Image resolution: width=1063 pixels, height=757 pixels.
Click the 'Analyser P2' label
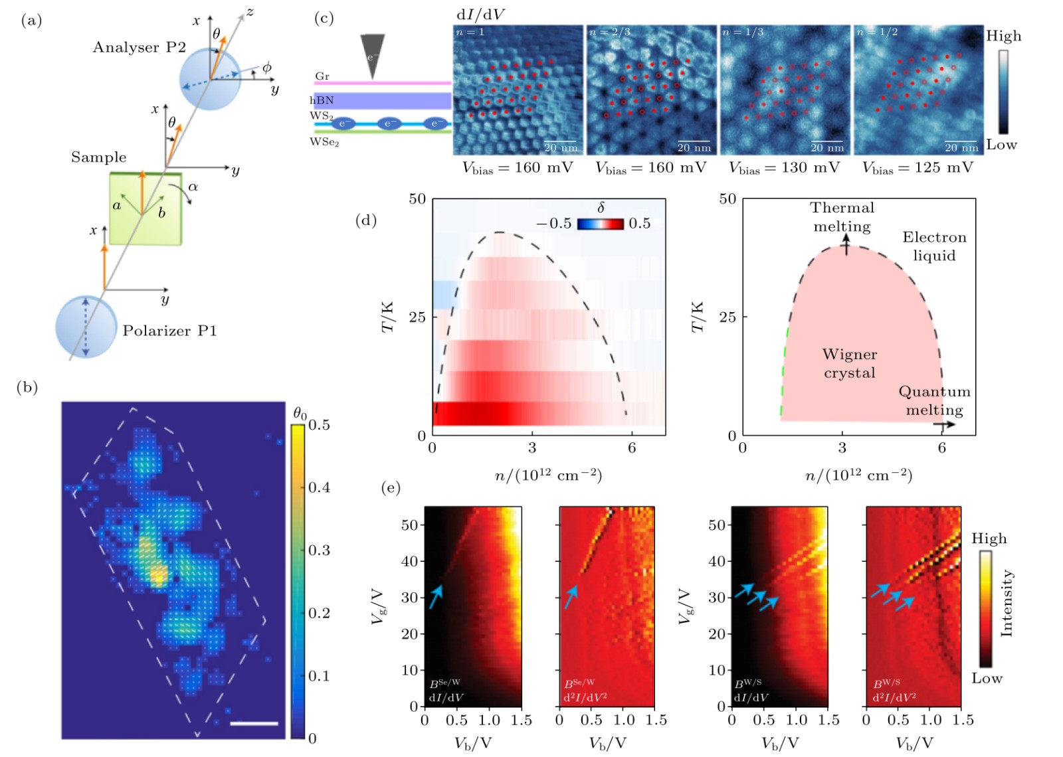(x=139, y=47)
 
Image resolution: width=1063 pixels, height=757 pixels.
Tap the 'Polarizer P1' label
(x=169, y=331)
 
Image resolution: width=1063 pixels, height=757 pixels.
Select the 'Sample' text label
(x=98, y=157)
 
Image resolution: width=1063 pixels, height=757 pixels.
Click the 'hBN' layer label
(x=322, y=100)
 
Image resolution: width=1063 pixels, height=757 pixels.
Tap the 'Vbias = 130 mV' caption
(x=784, y=168)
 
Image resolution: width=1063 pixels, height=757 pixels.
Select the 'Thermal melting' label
(x=842, y=217)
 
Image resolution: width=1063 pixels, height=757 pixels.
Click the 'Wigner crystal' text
(x=850, y=363)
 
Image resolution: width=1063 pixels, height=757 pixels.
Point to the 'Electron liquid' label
(x=934, y=246)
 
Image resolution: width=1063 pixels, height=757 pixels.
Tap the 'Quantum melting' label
(x=934, y=400)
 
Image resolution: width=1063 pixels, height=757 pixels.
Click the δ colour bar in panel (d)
(x=601, y=224)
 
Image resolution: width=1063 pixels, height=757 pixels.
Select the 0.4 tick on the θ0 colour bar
(x=319, y=487)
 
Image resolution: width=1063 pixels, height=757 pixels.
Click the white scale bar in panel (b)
(x=254, y=723)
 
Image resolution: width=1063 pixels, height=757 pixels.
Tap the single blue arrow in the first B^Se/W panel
(x=435, y=597)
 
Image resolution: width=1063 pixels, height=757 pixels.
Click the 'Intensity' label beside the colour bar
(x=1007, y=603)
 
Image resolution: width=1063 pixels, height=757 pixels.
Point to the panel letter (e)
(x=391, y=489)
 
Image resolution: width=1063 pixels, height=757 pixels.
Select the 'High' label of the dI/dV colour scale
(x=1003, y=36)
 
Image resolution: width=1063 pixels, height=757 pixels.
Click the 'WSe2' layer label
(x=324, y=142)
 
